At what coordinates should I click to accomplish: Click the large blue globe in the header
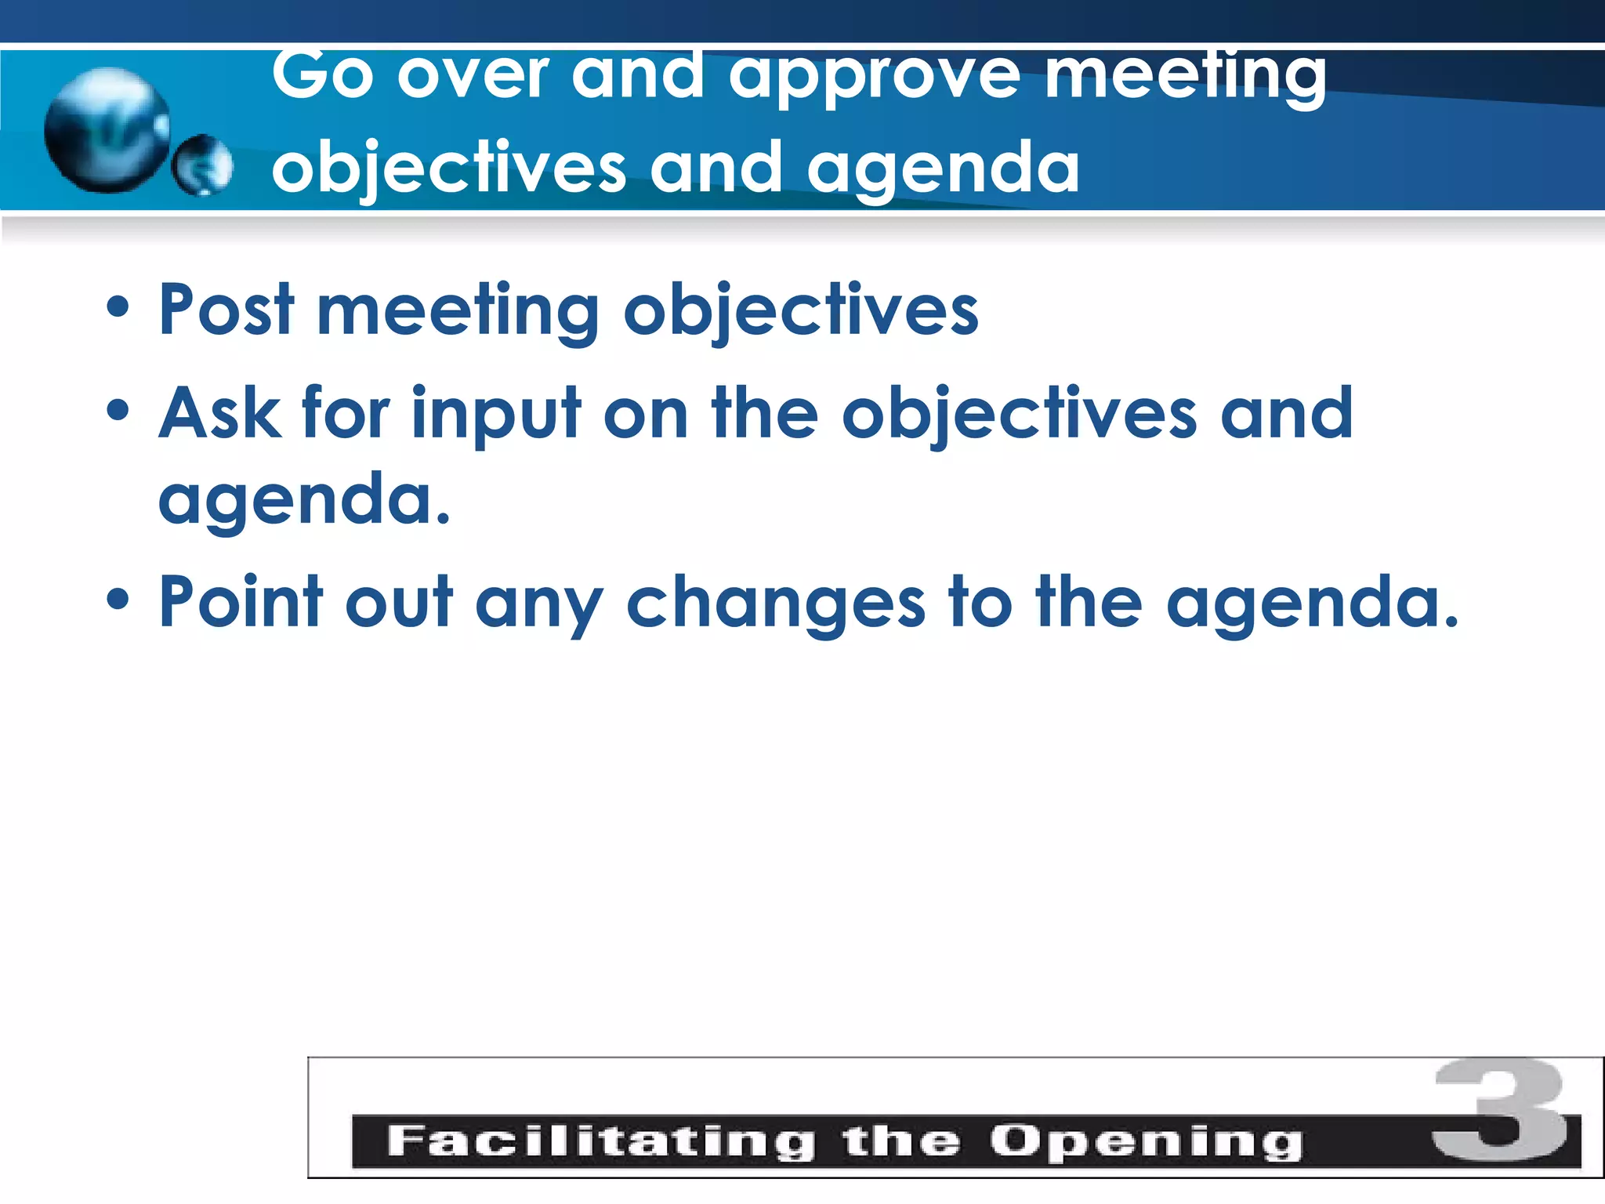pyautogui.click(x=107, y=130)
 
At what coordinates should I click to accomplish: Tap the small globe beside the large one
pyautogui.click(x=202, y=165)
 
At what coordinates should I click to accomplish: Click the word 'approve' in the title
pyautogui.click(x=874, y=77)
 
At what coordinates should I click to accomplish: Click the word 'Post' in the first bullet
pyautogui.click(x=226, y=310)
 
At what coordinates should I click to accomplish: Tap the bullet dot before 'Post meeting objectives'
pyautogui.click(x=118, y=307)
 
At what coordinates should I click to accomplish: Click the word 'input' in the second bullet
pyautogui.click(x=496, y=415)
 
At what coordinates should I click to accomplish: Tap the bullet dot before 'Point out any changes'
pyautogui.click(x=118, y=600)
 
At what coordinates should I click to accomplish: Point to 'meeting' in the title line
pyautogui.click(x=1185, y=77)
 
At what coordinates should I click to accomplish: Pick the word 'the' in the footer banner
pyautogui.click(x=901, y=1141)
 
